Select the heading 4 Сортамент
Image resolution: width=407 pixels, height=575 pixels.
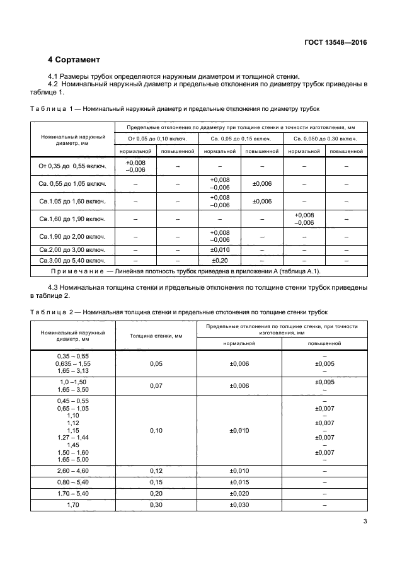coord(74,60)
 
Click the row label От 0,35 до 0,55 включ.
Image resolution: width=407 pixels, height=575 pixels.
coord(72,166)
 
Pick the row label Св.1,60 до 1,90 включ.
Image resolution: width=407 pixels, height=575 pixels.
coord(72,219)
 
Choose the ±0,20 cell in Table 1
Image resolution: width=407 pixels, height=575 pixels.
coord(220,259)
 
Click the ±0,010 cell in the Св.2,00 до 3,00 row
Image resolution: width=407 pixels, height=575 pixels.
coord(220,249)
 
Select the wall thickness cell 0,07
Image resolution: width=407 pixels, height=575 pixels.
coord(158,385)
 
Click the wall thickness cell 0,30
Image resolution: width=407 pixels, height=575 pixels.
coord(158,504)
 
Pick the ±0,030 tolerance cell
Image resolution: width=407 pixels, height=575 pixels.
coord(239,504)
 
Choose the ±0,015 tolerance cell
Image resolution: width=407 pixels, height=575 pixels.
coord(239,482)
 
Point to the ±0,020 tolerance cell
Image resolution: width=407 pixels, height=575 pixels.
coord(239,493)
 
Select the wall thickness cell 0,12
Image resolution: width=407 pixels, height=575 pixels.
coord(158,470)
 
